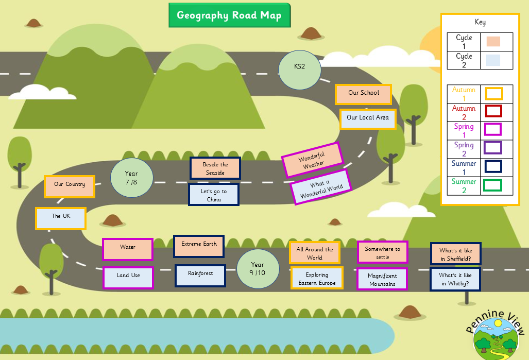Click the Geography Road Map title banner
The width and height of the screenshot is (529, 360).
pyautogui.click(x=229, y=15)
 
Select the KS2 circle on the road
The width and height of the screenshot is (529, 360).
pyautogui.click(x=300, y=67)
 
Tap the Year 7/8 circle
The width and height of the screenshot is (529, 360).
pyautogui.click(x=131, y=177)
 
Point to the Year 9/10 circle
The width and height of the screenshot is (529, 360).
pyautogui.click(x=258, y=268)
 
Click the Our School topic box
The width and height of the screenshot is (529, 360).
pyautogui.click(x=363, y=93)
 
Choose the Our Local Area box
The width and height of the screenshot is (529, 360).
pyautogui.click(x=368, y=118)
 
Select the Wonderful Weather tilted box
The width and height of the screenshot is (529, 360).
pyautogui.click(x=312, y=160)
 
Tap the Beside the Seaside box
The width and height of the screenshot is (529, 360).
pyautogui.click(x=215, y=168)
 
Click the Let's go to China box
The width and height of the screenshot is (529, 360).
pyautogui.click(x=214, y=195)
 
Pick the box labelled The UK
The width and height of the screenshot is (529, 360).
pyautogui.click(x=61, y=218)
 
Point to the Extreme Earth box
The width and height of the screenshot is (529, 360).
pyautogui.click(x=199, y=246)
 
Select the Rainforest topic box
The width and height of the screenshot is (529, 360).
pyautogui.click(x=200, y=275)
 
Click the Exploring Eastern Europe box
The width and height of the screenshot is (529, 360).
pyautogui.click(x=317, y=279)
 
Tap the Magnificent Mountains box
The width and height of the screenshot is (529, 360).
pyautogui.click(x=382, y=279)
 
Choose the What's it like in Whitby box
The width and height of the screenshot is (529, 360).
pyautogui.click(x=455, y=279)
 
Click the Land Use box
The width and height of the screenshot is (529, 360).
pyautogui.click(x=128, y=277)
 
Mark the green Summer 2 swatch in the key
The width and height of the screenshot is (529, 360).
pyautogui.click(x=493, y=185)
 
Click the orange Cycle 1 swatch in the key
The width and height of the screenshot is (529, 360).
pyautogui.click(x=493, y=42)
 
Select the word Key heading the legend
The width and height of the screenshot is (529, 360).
pyautogui.click(x=480, y=22)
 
